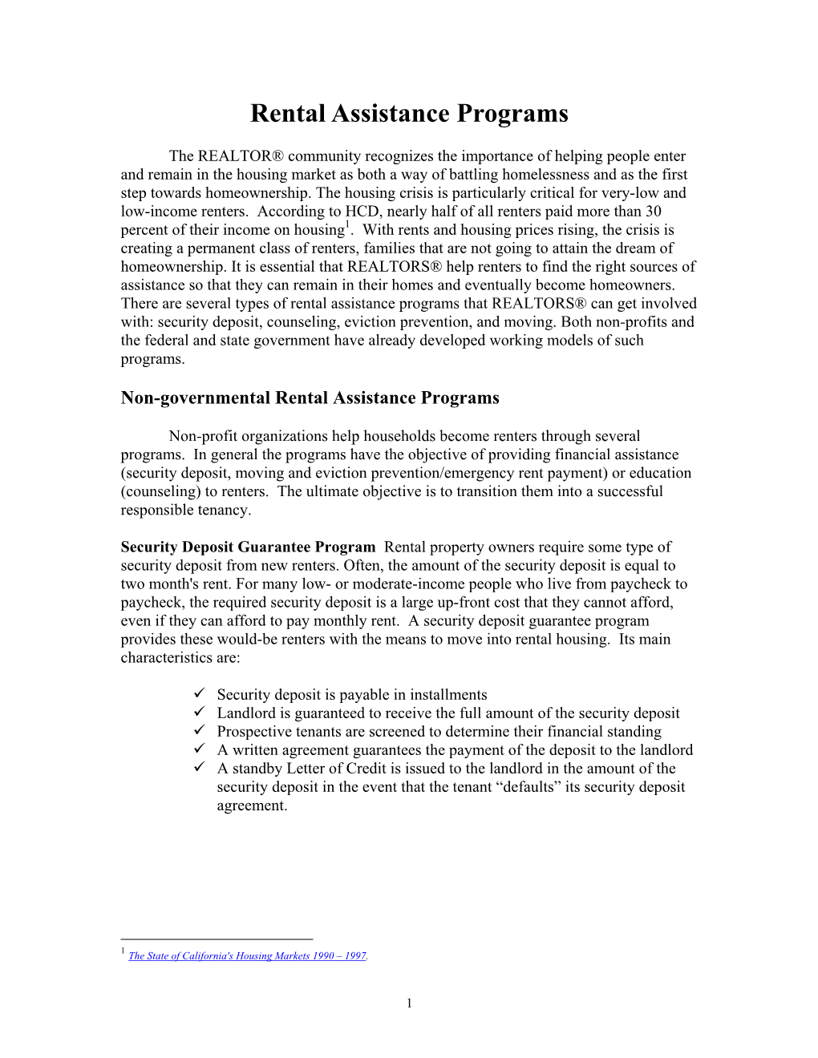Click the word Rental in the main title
pos(287,113)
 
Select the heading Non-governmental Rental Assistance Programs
pos(310,398)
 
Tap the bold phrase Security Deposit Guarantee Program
pos(248,547)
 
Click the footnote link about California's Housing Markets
pos(247,955)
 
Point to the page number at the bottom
pos(409,1003)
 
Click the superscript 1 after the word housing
pos(346,225)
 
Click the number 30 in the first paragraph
pos(654,212)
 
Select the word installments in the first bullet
pos(448,694)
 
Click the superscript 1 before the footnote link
pos(123,951)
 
